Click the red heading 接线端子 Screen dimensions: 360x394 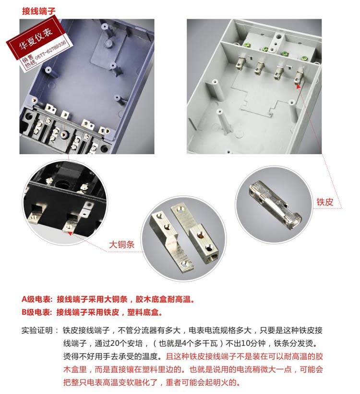(x=38, y=11)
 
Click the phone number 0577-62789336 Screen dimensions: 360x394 (x=50, y=50)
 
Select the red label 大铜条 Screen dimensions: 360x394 (x=121, y=245)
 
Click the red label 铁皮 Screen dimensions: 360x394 (x=324, y=202)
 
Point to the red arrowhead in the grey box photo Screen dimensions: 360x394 (x=298, y=86)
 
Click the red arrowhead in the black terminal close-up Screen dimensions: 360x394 (x=70, y=234)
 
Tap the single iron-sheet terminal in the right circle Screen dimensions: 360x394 (x=275, y=205)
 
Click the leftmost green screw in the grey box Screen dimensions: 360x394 (x=246, y=45)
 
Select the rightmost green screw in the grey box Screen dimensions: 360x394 (x=304, y=59)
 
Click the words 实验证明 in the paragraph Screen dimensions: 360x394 (x=37, y=331)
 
